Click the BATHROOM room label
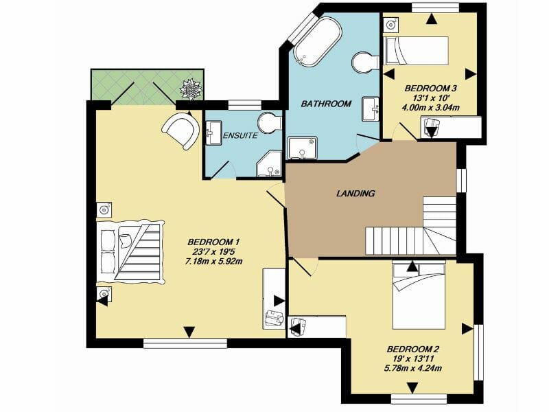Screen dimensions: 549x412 (326, 104)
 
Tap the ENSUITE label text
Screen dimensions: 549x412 (241, 135)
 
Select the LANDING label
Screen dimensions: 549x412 (355, 194)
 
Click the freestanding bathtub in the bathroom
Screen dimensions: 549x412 (317, 41)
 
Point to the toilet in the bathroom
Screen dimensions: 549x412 (365, 62)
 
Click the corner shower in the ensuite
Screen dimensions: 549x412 (269, 164)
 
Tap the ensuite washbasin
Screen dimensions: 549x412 (213, 133)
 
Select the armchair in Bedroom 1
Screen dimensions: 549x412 (180, 130)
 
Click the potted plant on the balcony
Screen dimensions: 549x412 (191, 89)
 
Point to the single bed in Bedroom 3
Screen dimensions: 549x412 (417, 50)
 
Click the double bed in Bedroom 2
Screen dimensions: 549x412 (419, 297)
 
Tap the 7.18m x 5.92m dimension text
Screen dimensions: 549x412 (214, 261)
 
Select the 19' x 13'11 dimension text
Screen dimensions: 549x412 (413, 358)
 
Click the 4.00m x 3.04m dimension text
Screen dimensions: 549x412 (431, 108)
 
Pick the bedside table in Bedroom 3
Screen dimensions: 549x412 (391, 24)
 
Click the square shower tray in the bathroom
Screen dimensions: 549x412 (303, 148)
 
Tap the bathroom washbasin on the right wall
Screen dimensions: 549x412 (371, 109)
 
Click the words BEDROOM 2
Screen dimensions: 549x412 (413, 350)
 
